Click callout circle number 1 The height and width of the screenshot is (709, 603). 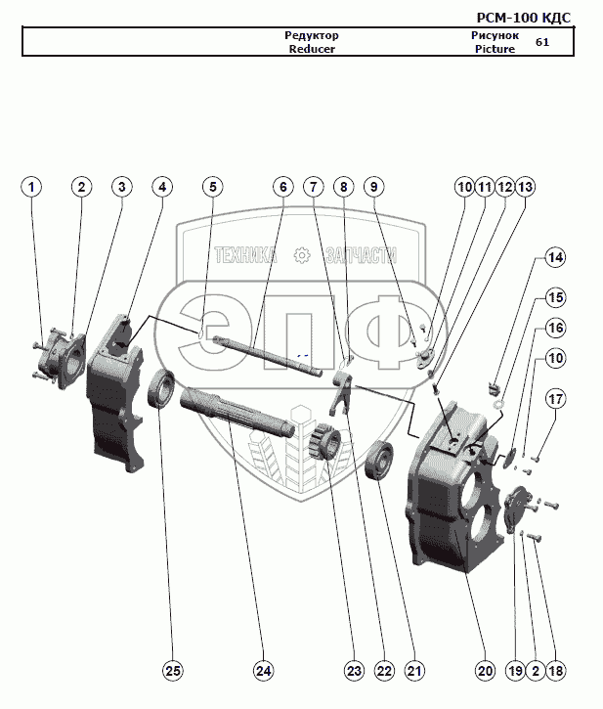pyautogui.click(x=33, y=186)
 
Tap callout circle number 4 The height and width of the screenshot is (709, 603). pyautogui.click(x=161, y=186)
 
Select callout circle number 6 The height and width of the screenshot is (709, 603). pyautogui.click(x=280, y=186)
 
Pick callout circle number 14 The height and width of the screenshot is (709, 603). pyautogui.click(x=555, y=258)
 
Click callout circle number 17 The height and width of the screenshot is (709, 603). pyautogui.click(x=555, y=399)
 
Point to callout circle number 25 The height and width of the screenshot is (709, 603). pyautogui.click(x=173, y=671)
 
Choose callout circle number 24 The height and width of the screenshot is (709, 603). pyautogui.click(x=262, y=671)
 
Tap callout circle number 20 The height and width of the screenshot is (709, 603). pyautogui.click(x=485, y=671)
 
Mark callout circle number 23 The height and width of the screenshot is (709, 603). pyautogui.click(x=353, y=671)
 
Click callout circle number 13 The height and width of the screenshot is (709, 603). pyautogui.click(x=526, y=186)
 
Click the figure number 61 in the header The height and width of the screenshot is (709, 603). pyautogui.click(x=542, y=42)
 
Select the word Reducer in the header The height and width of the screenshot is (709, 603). pyautogui.click(x=312, y=48)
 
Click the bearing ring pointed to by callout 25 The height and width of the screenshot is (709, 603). pyautogui.click(x=161, y=389)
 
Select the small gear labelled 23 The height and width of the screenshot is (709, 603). pyautogui.click(x=325, y=442)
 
